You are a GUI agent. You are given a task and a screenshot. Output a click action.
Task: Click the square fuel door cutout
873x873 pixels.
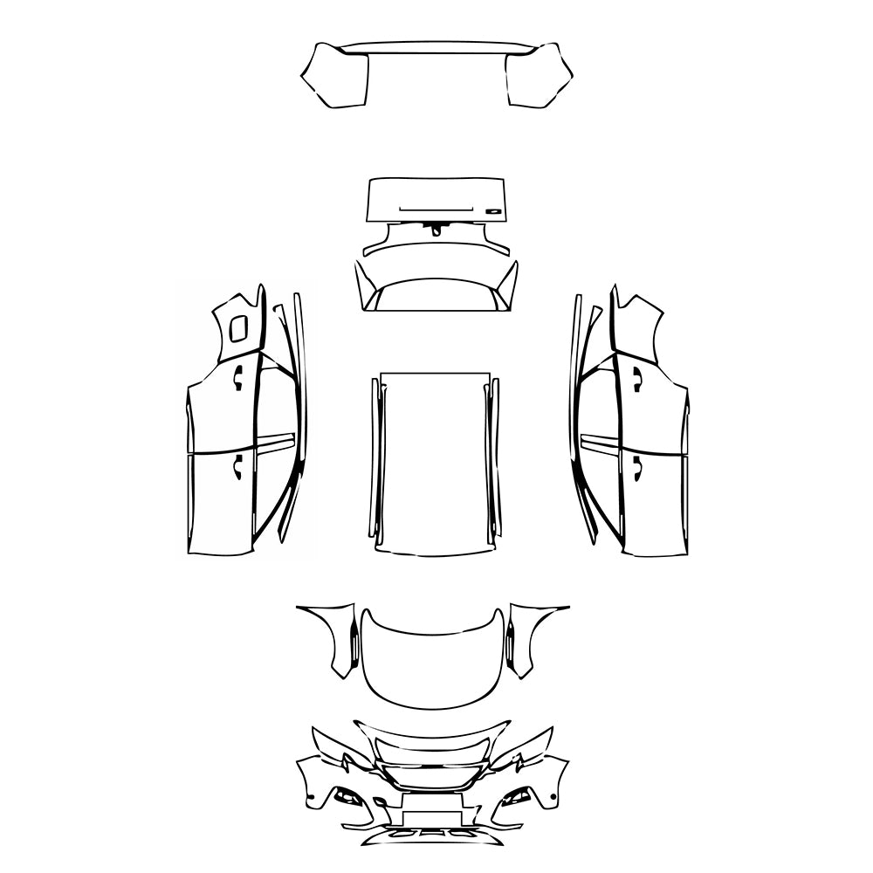coord(237,328)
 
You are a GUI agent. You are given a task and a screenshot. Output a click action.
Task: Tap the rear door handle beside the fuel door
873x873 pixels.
coord(237,376)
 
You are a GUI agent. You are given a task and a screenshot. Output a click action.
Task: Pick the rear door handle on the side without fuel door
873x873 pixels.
coord(637,376)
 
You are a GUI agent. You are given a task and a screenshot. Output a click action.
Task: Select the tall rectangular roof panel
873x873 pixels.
coord(434,463)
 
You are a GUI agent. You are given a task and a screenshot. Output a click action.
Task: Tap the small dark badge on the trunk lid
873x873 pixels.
coord(494,210)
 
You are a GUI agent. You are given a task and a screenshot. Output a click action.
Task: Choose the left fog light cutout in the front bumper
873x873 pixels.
coord(349,796)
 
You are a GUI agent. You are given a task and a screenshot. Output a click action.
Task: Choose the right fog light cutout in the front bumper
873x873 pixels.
coord(517,796)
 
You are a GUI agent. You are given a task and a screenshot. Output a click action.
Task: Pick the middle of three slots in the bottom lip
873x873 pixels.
coord(434,833)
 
